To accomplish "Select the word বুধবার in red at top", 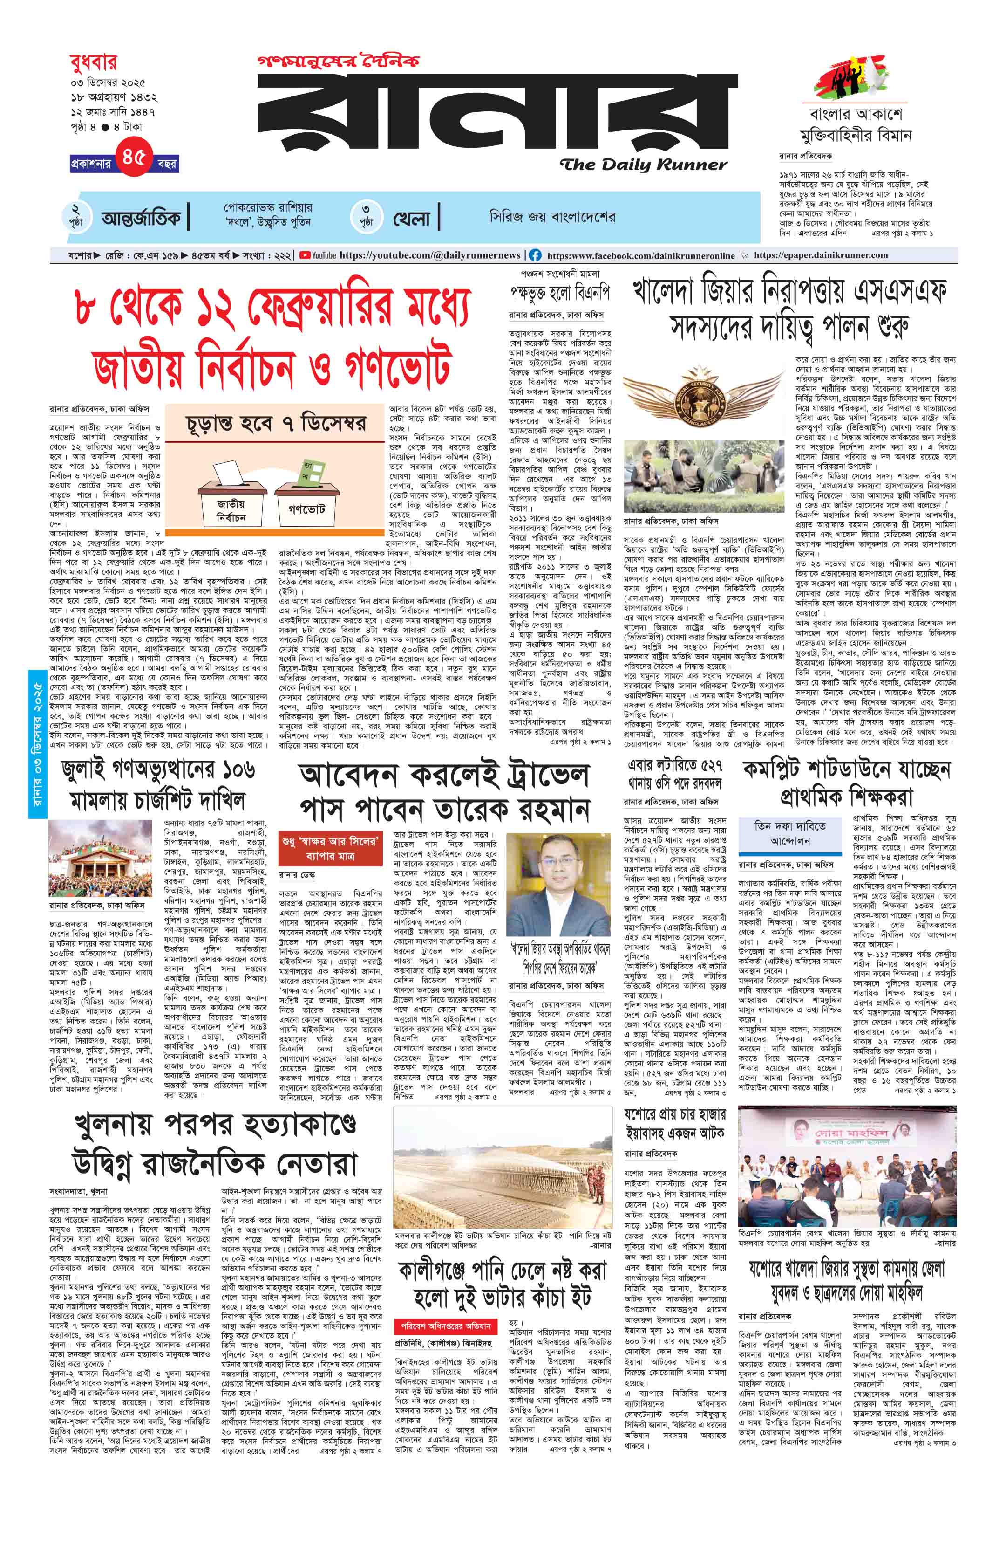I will [x=94, y=63].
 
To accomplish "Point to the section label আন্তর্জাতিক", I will [x=141, y=218].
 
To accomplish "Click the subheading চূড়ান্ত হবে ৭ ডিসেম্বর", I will [x=276, y=424].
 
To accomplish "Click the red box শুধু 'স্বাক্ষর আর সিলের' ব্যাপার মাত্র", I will [x=329, y=848].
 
